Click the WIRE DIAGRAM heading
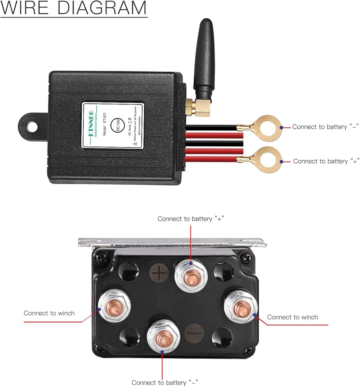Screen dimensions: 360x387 [x=73, y=9]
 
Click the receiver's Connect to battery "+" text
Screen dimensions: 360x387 [x=326, y=161]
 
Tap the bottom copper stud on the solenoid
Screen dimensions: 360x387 [x=163, y=337]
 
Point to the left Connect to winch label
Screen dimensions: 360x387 [x=49, y=313]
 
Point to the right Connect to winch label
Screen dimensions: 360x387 [x=292, y=317]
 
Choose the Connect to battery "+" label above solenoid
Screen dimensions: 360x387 [x=191, y=219]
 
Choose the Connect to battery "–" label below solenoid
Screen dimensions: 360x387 [x=165, y=383]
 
